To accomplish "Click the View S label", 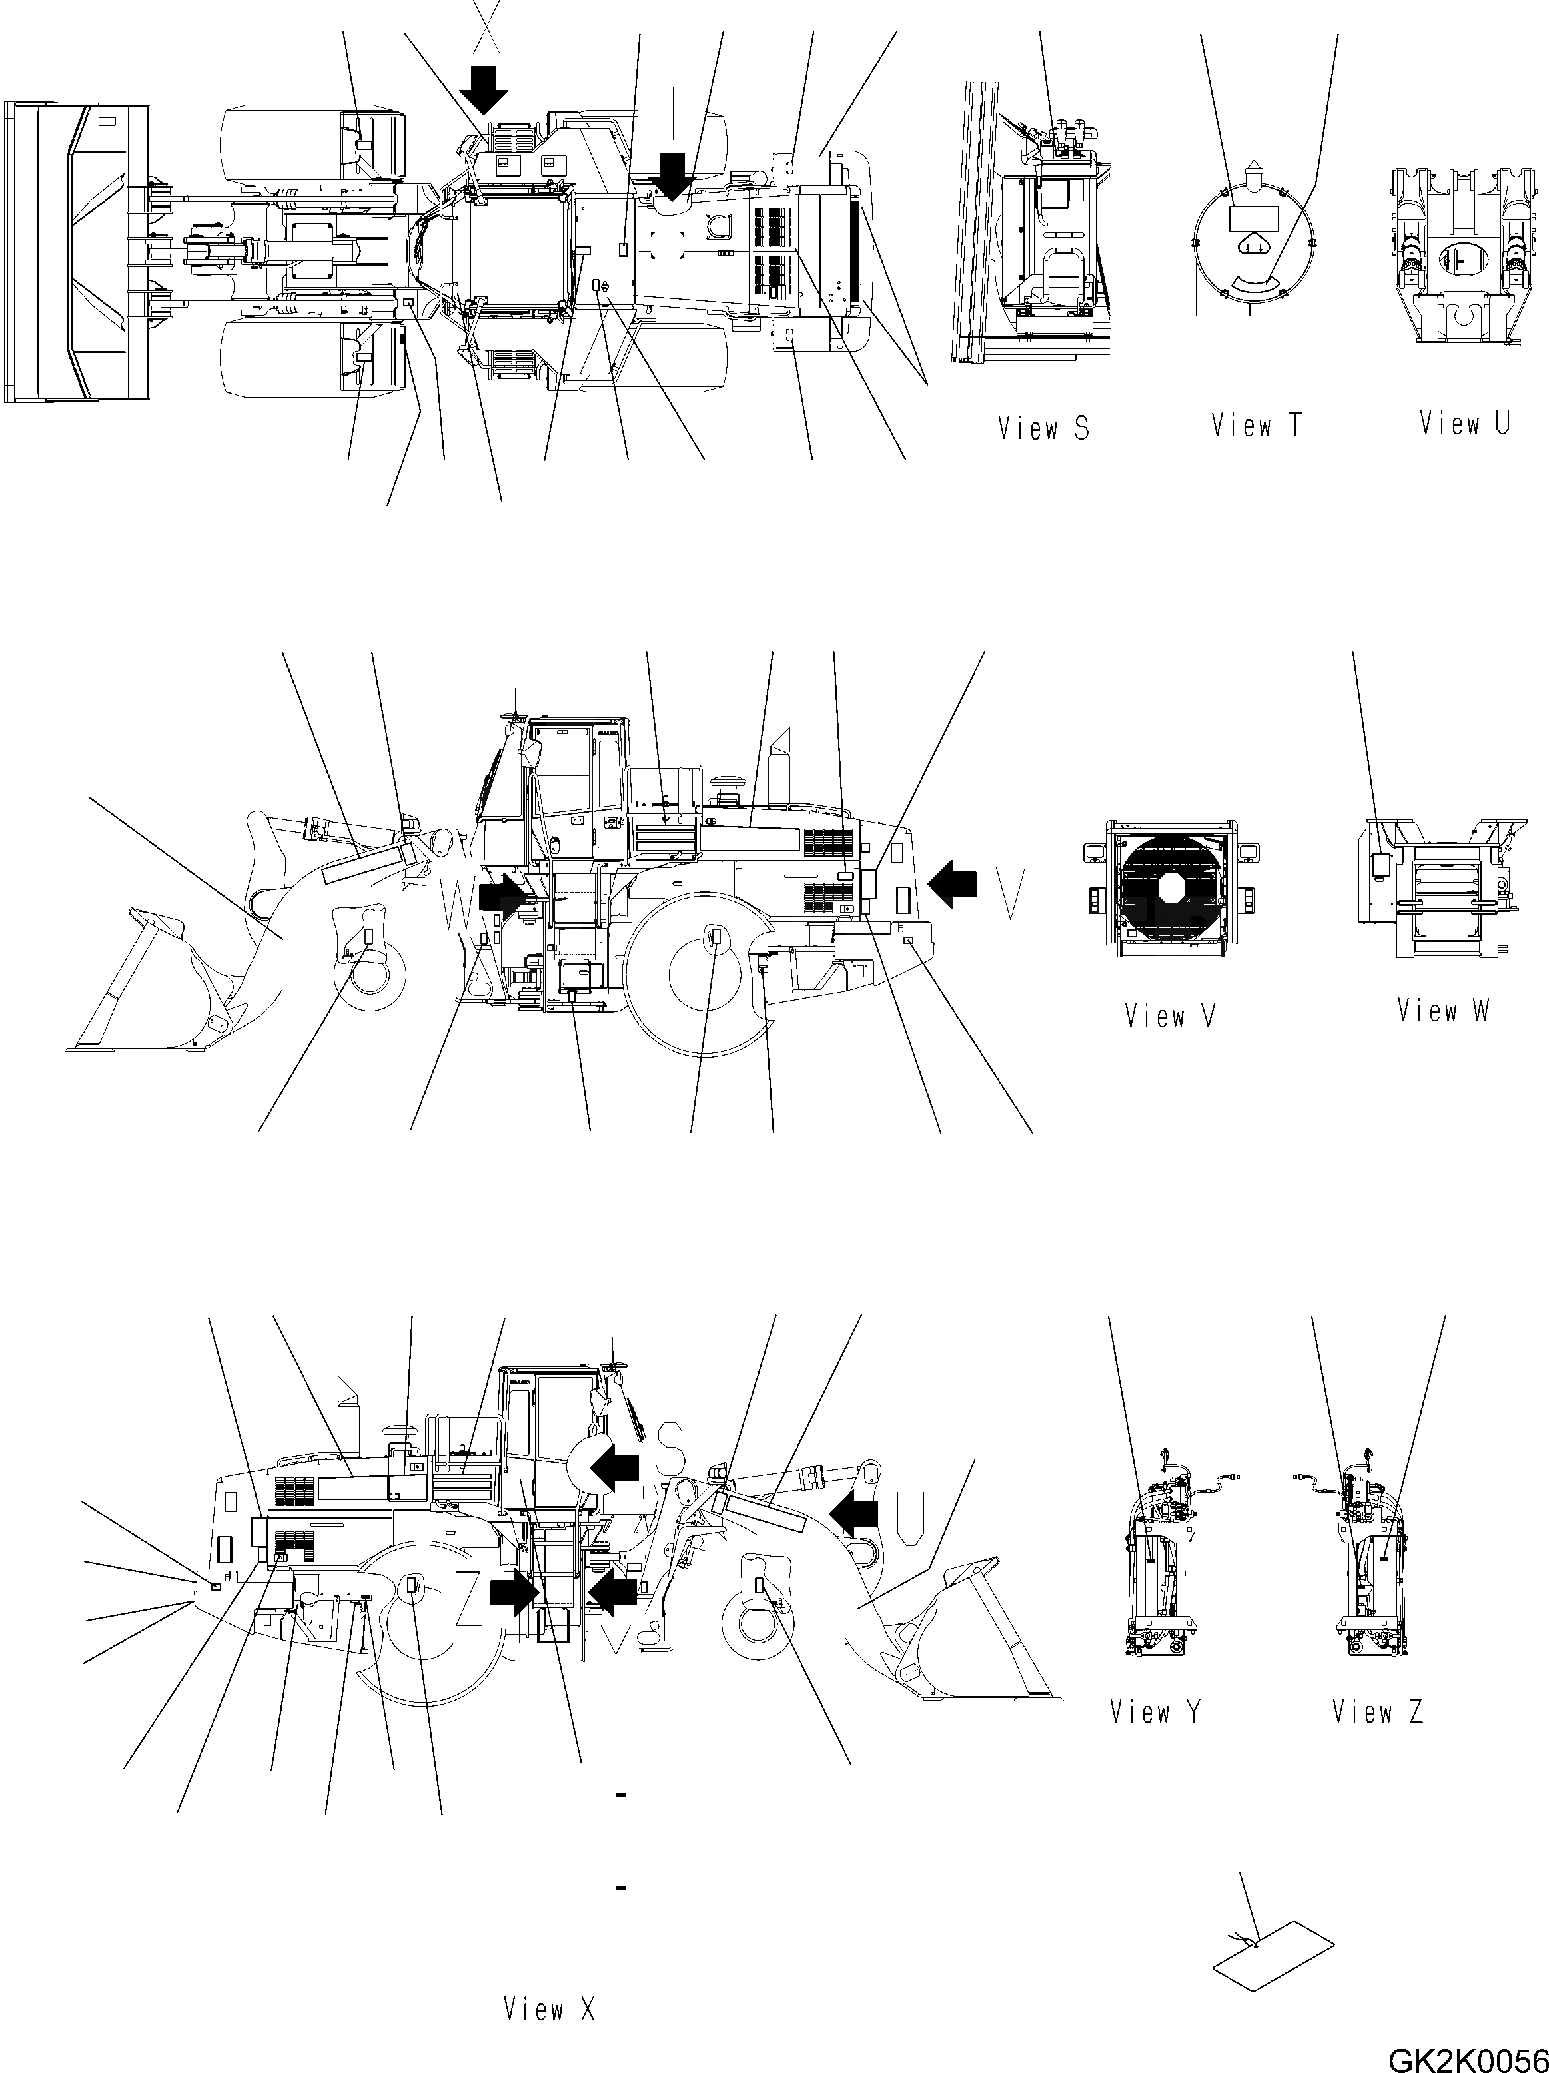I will point(1043,429).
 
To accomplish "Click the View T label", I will point(1256,426).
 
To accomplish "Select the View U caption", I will point(1464,424).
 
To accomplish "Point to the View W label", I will point(1442,1011).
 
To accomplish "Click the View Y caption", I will point(1155,1712).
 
